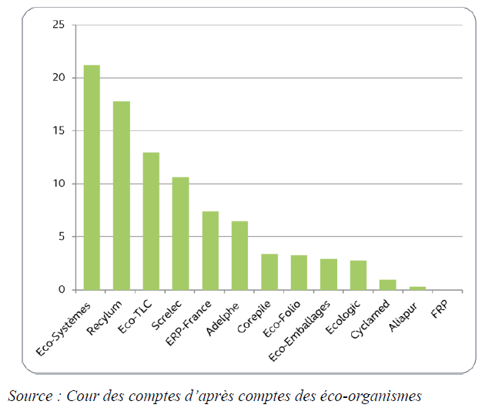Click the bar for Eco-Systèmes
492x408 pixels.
[92, 177]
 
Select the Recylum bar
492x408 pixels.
[122, 196]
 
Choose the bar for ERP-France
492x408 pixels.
[210, 251]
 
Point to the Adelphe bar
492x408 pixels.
[240, 255]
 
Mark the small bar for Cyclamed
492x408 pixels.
[388, 285]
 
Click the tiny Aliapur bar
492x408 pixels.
[417, 288]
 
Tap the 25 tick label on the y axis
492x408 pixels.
[58, 25]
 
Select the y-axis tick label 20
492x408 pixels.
[58, 78]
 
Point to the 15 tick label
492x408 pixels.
[58, 131]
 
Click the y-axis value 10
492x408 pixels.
[58, 184]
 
